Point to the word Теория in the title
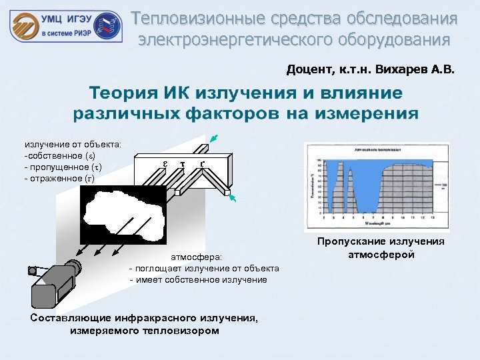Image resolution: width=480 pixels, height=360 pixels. click(x=127, y=92)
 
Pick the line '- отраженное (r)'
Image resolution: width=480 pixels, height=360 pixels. click(x=59, y=179)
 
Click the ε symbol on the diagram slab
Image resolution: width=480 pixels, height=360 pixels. click(x=165, y=163)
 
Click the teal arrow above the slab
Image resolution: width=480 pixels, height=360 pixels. click(x=212, y=139)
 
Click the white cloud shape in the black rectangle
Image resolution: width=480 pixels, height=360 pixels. click(x=124, y=215)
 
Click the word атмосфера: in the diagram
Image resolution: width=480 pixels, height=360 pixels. click(x=197, y=256)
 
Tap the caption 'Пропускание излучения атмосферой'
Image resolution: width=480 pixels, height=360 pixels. click(x=381, y=248)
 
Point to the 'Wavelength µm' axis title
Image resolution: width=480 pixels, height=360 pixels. click(x=377, y=222)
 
